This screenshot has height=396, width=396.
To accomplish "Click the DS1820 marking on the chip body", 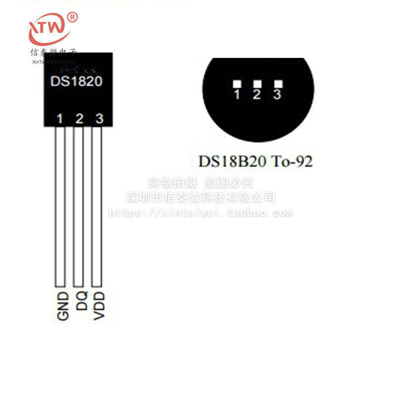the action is coord(76,81).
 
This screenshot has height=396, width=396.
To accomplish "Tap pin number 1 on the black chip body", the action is coord(60,118).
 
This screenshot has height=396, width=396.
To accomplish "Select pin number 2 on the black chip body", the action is coord(79,118).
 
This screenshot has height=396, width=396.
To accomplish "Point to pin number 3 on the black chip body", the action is coord(99,118).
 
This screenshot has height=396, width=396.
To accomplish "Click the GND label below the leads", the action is coord(62,306).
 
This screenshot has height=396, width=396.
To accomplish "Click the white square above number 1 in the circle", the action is coord(237,84).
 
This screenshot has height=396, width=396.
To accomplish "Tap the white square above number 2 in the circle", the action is coord(257,84).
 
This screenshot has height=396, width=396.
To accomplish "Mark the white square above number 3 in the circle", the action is coord(278,84).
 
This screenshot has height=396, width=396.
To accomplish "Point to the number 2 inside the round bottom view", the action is coord(256,95).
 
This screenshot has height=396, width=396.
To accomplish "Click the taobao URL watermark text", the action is coord(200,213).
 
